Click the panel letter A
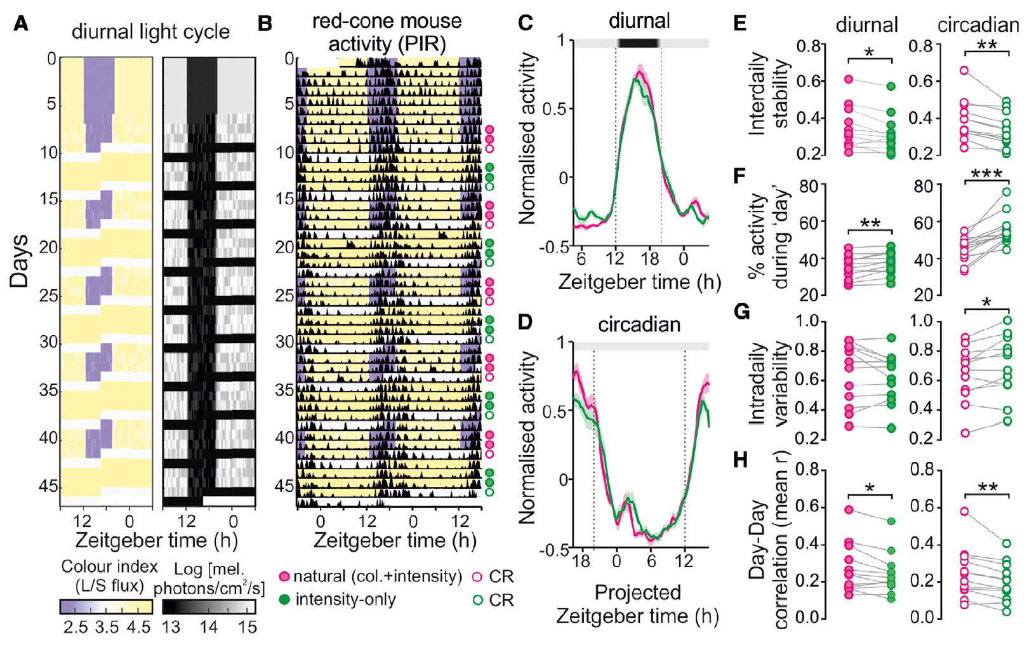click(x=20, y=24)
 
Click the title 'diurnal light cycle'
click(x=150, y=32)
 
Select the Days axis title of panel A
click(x=20, y=261)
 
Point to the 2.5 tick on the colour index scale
click(x=76, y=627)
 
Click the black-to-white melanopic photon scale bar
click(x=209, y=606)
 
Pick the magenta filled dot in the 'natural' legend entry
click(x=284, y=576)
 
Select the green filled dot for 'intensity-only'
click(x=284, y=599)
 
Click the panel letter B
click(x=264, y=24)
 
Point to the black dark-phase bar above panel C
click(x=639, y=43)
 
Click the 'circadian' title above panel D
click(x=639, y=324)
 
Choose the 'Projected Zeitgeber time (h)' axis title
click(x=637, y=604)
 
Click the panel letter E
click(x=739, y=24)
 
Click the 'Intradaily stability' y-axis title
click(x=769, y=95)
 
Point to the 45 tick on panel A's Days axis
click(x=48, y=486)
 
